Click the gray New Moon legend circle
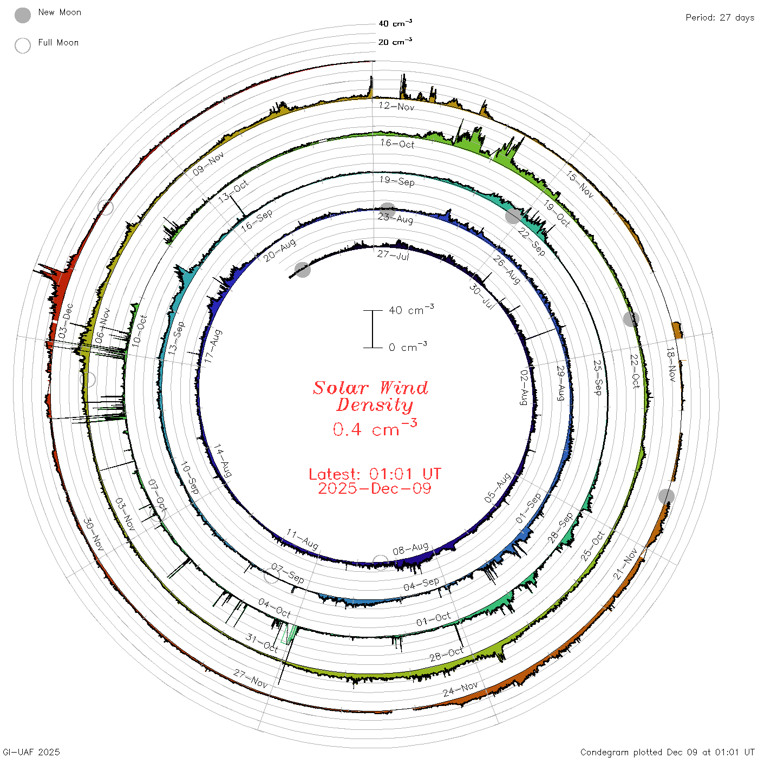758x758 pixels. pos(23,15)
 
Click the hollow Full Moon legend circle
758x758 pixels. pos(23,45)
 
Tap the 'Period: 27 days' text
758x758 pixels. pos(720,18)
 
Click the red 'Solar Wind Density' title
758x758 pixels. pos(370,396)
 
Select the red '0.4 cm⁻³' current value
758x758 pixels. pos(375,428)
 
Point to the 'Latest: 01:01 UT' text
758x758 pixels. pos(375,474)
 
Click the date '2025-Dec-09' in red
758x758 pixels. pos(375,488)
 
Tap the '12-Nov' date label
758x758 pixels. pos(396,106)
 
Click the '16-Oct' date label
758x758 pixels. pos(397,143)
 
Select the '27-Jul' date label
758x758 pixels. pos(394,255)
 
